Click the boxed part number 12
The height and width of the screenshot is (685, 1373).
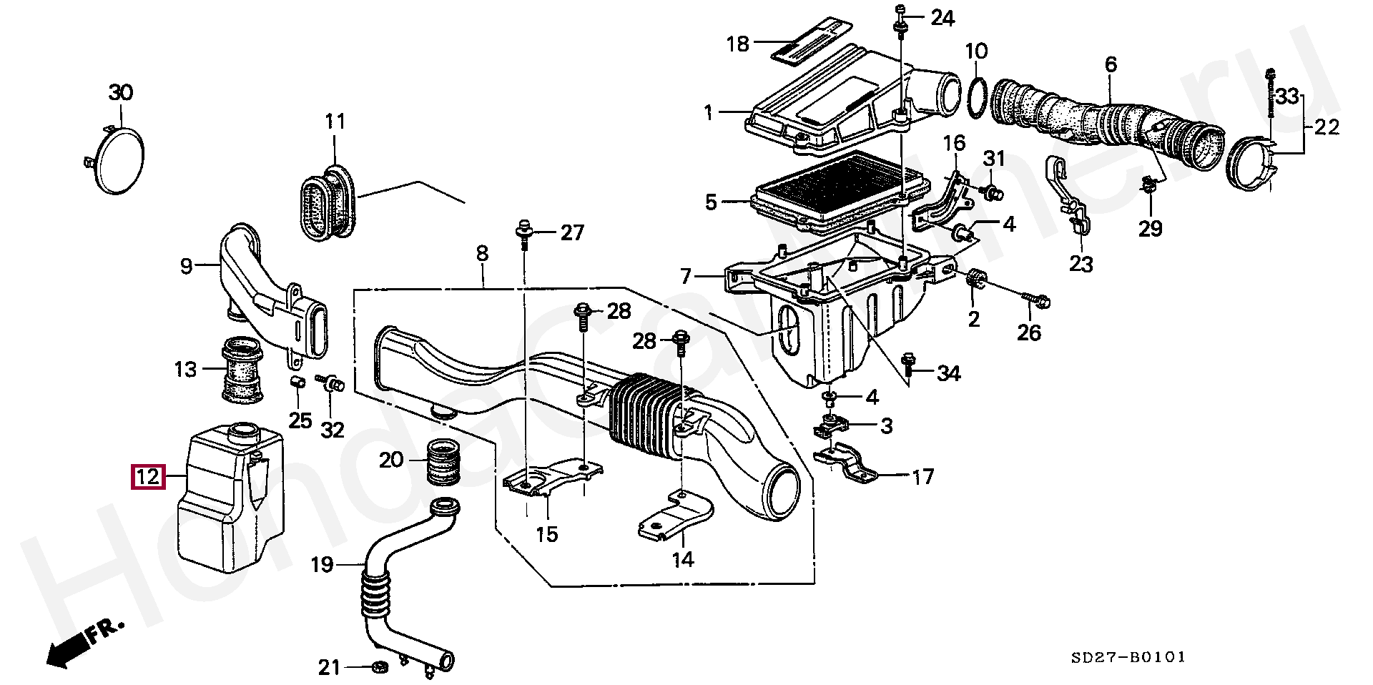(148, 477)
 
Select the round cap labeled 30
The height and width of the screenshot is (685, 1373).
(119, 161)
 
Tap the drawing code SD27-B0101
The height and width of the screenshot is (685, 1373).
(1128, 656)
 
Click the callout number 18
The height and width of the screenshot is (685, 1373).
(738, 44)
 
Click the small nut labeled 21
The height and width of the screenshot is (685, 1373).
(380, 667)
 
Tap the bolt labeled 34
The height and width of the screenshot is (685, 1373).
(910, 364)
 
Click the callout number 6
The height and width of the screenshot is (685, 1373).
(1110, 64)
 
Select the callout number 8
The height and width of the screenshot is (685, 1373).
(482, 253)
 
